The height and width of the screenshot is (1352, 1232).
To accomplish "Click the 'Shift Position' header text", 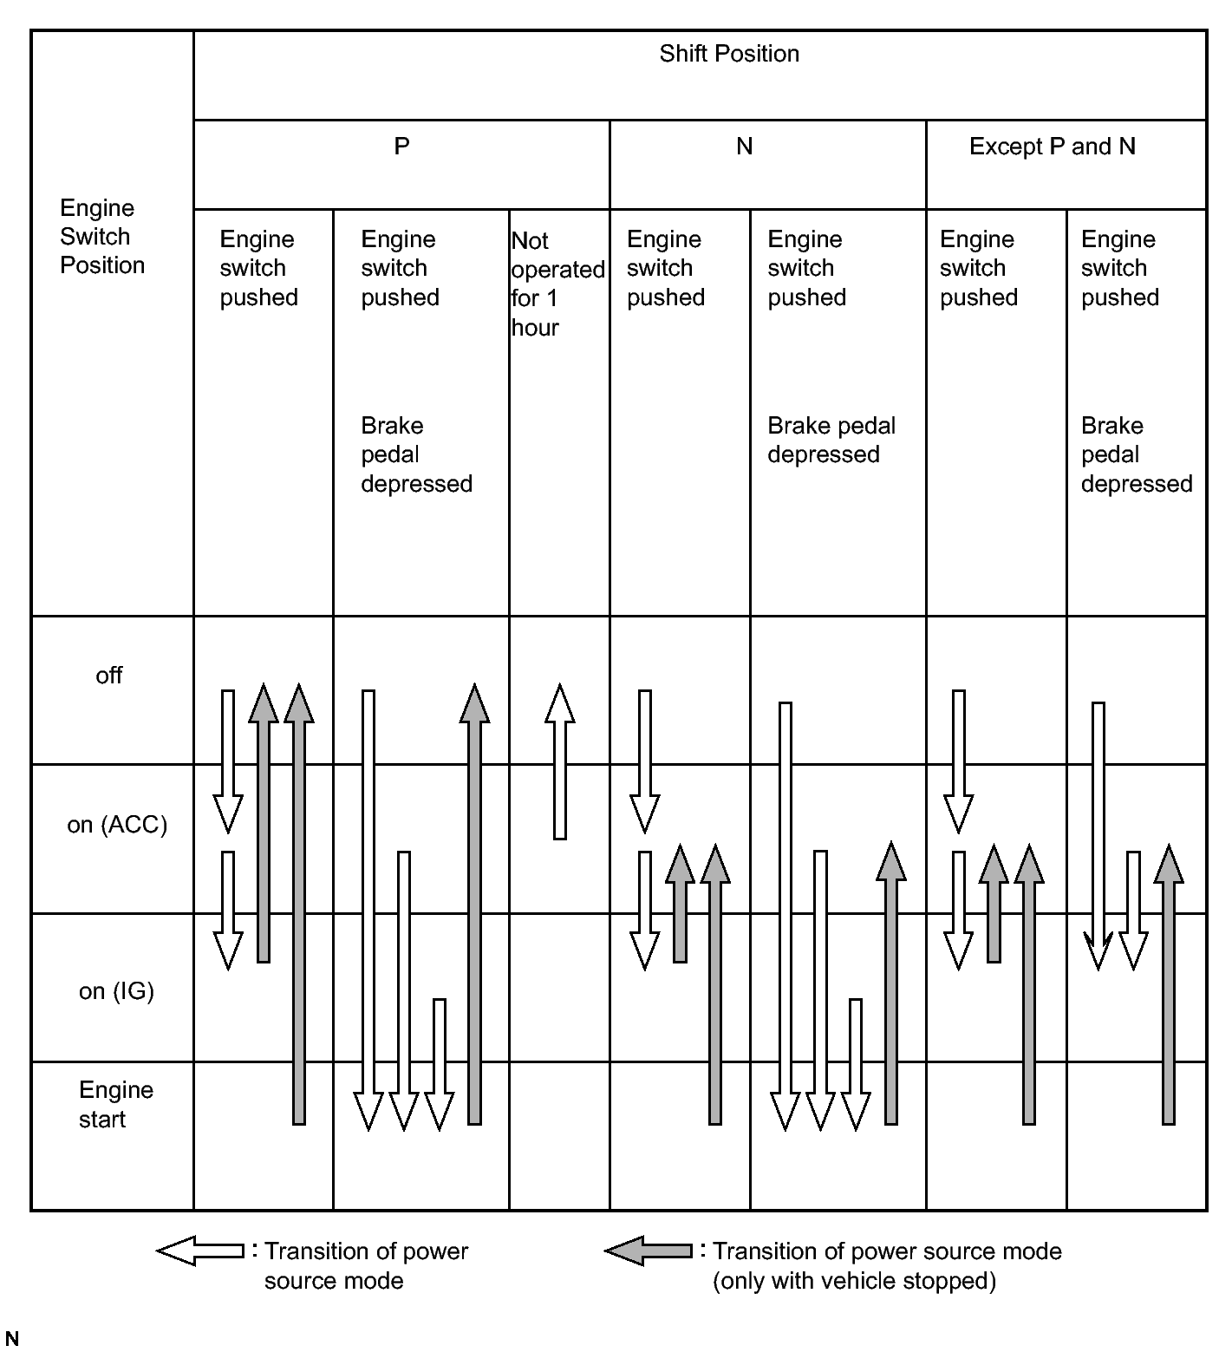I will click(x=728, y=54).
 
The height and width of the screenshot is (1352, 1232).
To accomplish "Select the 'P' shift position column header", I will click(x=401, y=146).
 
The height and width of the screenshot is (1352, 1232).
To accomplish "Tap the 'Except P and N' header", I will click(x=1052, y=147).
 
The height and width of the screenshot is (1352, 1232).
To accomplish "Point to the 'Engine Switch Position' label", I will click(x=101, y=237).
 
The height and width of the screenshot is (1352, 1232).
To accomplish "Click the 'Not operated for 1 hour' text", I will click(x=557, y=284).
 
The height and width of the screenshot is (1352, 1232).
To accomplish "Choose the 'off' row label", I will click(x=108, y=676).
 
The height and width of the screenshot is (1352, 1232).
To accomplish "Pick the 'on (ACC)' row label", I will click(x=117, y=825).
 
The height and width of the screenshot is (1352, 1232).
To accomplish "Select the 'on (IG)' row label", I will click(x=116, y=990).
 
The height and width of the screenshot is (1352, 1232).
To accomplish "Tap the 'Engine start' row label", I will click(x=115, y=1104).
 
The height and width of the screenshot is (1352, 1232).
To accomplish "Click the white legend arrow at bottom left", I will click(x=200, y=1251).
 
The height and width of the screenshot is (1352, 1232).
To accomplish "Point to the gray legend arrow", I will click(x=649, y=1251).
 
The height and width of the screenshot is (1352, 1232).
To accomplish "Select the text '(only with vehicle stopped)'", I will click(x=854, y=1281).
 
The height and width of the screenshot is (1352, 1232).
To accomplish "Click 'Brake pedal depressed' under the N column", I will click(x=831, y=440).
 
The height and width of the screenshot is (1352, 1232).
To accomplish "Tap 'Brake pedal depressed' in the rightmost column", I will click(x=1136, y=454).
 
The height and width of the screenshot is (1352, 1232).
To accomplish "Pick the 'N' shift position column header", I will click(x=744, y=147).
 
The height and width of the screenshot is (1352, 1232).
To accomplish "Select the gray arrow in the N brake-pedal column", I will click(x=891, y=983).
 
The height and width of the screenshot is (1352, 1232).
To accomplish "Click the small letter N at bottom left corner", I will click(x=12, y=1339).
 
